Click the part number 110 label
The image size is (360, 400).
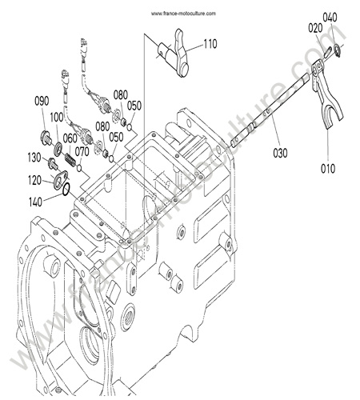pyautogui.click(x=210, y=44)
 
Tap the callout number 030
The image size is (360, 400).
pyautogui.click(x=280, y=153)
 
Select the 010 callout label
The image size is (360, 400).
pyautogui.click(x=328, y=169)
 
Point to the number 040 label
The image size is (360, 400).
pyautogui.click(x=330, y=18)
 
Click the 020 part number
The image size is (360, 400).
pyautogui.click(x=315, y=28)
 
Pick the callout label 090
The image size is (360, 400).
pyautogui.click(x=42, y=101)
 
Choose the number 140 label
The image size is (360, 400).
pyautogui.click(x=35, y=202)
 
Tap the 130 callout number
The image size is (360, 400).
pyautogui.click(x=34, y=158)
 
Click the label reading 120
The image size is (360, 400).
pyautogui.click(x=34, y=181)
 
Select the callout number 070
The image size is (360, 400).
pyautogui.click(x=82, y=152)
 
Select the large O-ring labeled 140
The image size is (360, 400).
pyautogui.click(x=66, y=190)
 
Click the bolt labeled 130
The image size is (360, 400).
pyautogui.click(x=53, y=163)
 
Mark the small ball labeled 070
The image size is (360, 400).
pyautogui.click(x=79, y=168)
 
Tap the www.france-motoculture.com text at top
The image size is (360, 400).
pyautogui.click(x=183, y=14)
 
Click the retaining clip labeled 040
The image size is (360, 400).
pyautogui.click(x=337, y=50)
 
